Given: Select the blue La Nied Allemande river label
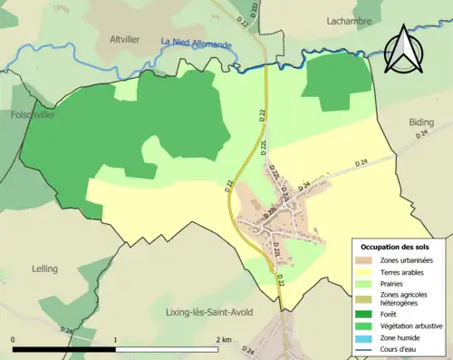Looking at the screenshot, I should point(196,43).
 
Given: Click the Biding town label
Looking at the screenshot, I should point(421,120).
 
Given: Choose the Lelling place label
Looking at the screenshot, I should point(43,268).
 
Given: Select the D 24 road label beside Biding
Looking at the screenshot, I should point(421,134).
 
